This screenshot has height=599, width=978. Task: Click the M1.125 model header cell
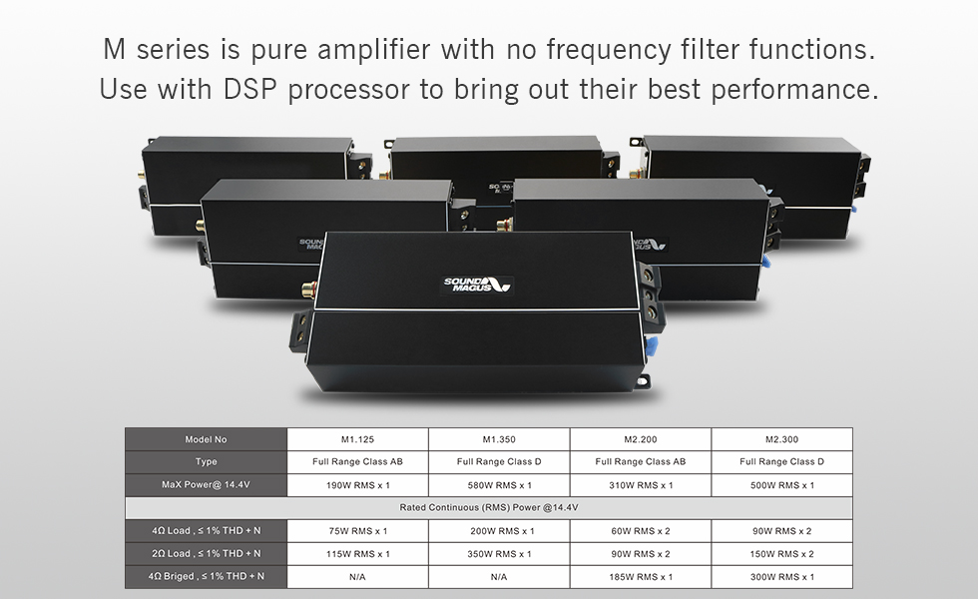coord(357,439)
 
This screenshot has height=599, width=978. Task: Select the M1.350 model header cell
coord(499,439)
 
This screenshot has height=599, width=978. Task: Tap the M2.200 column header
coord(641,439)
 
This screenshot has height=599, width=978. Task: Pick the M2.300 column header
coord(782,439)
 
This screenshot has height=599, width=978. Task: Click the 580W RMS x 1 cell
coord(499,485)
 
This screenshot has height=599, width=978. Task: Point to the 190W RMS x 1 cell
coord(357,485)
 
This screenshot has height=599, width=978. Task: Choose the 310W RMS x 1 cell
coord(641,485)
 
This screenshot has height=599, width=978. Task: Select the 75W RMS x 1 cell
coord(357,531)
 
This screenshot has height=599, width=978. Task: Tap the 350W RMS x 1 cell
coord(499,554)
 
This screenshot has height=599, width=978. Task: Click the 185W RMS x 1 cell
coord(641,577)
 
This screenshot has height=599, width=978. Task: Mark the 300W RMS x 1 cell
coord(782,577)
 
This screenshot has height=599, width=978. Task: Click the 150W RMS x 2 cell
coord(782,554)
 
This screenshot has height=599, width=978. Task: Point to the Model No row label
coord(206,439)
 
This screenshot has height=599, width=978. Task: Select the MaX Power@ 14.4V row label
coord(206,485)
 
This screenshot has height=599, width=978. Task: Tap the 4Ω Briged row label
coord(206,577)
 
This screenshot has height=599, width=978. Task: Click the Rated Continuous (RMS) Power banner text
coord(489,508)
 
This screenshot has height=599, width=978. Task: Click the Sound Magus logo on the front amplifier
coord(477,285)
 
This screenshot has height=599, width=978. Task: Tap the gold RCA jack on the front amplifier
coord(308,290)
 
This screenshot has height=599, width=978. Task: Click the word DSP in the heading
coord(250,89)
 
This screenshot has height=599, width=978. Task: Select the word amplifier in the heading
coord(373,50)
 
